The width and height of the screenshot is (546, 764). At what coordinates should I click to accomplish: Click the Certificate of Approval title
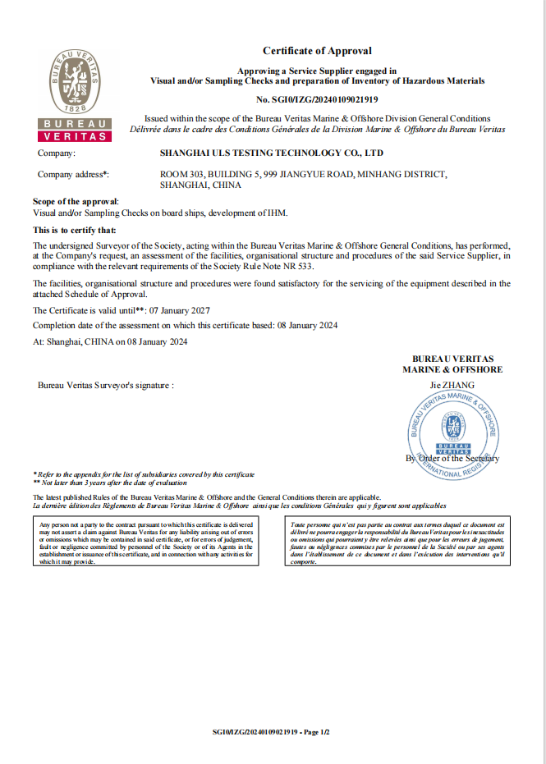click(317, 51)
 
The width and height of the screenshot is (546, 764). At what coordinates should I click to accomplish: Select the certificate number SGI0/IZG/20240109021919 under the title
click(317, 99)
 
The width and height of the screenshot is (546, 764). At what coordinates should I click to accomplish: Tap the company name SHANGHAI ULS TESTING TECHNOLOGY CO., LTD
click(271, 153)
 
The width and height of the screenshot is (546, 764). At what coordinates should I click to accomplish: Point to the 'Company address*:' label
click(73, 174)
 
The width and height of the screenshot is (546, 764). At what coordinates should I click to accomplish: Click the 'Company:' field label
click(57, 153)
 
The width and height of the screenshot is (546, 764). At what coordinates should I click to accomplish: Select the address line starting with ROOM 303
click(303, 174)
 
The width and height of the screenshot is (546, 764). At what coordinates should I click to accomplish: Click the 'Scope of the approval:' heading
click(76, 201)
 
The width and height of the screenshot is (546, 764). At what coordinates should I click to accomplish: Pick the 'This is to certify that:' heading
click(74, 230)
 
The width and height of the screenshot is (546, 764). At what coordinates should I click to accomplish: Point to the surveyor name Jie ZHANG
click(452, 384)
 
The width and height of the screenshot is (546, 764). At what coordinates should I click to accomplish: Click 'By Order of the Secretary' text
click(452, 458)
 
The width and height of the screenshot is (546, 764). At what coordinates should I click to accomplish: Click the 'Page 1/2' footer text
click(316, 731)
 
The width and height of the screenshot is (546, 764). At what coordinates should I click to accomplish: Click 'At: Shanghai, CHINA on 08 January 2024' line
click(110, 341)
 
